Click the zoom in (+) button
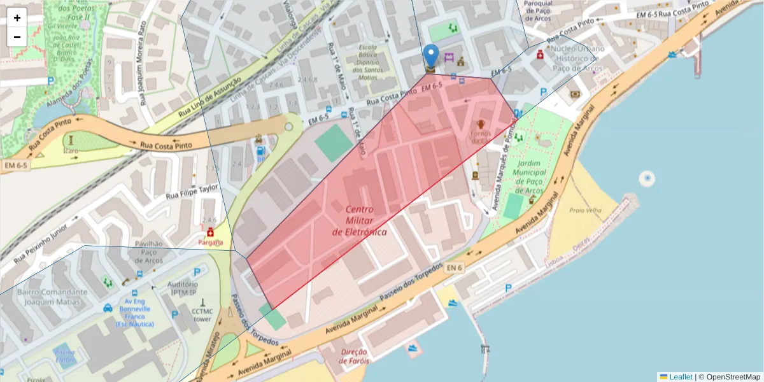pyautogui.click(x=17, y=18)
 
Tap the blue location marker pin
pyautogui.click(x=431, y=56)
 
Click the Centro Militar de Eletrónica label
pyautogui.click(x=360, y=220)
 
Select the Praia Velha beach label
pyautogui.click(x=585, y=211)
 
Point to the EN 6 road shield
pyautogui.click(x=454, y=268)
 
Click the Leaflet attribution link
pyautogui.click(x=680, y=376)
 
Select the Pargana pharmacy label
pyautogui.click(x=210, y=243)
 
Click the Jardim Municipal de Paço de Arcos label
pyautogui.click(x=529, y=176)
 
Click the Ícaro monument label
pyautogui.click(x=70, y=151)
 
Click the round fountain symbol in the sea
pyautogui.click(x=647, y=178)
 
